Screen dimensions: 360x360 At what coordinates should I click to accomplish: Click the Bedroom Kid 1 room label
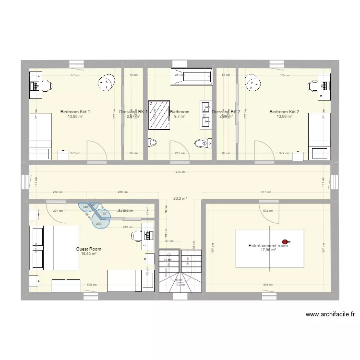75,112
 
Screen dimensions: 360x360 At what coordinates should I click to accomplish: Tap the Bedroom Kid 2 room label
284,112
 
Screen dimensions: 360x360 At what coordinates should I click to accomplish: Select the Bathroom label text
180,112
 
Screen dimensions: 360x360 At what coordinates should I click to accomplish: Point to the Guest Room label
89,249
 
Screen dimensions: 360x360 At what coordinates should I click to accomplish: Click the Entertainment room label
268,246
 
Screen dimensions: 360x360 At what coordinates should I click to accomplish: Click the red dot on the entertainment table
285,242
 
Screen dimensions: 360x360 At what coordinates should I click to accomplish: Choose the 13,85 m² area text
75,116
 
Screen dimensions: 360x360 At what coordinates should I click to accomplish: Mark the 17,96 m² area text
268,250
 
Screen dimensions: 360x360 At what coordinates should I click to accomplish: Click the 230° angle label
99,223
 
